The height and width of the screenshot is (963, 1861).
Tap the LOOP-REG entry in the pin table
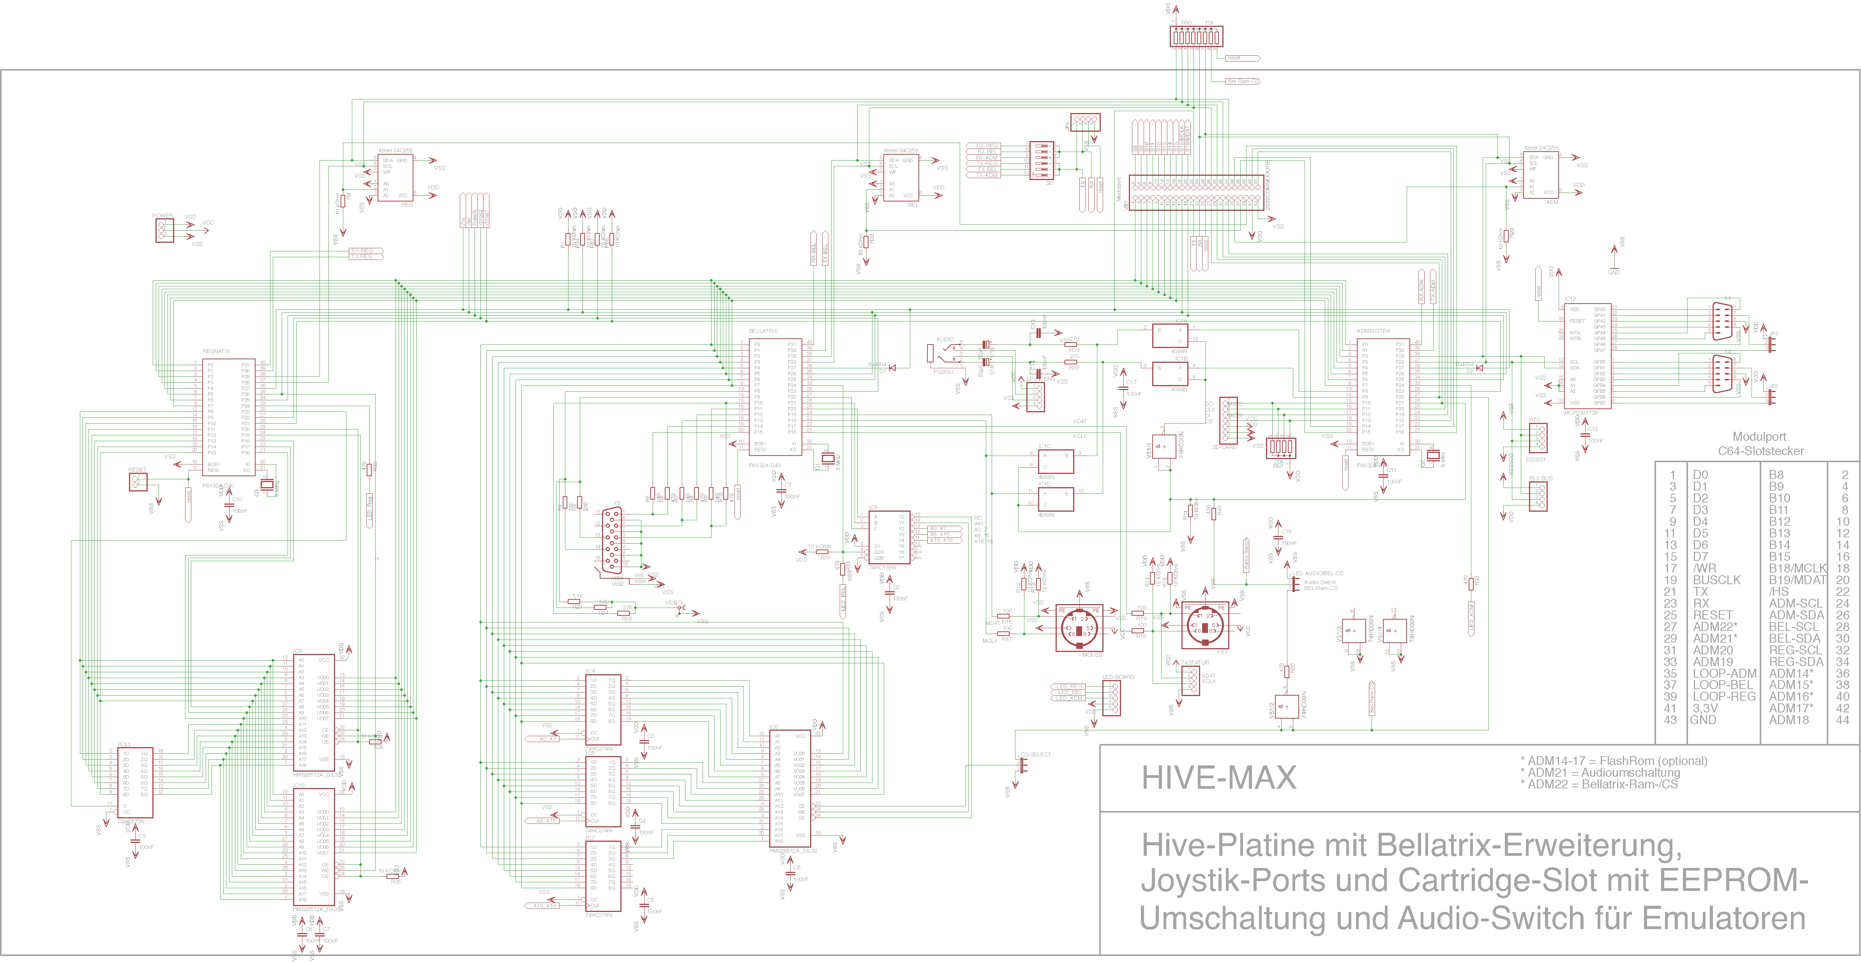pos(1724,696)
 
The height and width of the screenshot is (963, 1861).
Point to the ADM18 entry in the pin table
pos(1789,719)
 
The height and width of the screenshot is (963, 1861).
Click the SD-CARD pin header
pos(1226,419)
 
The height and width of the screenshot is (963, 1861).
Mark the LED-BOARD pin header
pos(1111,697)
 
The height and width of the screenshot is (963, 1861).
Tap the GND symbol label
pos(1614,272)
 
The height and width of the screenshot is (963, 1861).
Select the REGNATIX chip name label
pos(216,351)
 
